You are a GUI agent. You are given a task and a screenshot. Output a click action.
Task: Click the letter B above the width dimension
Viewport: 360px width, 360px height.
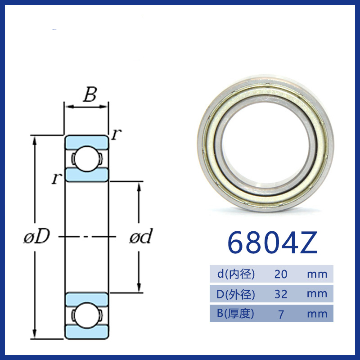tap(90, 94)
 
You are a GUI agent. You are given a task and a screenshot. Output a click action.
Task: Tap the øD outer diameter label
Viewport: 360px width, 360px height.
tap(37, 236)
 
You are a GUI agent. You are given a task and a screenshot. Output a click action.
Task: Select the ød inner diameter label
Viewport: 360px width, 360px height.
tap(141, 236)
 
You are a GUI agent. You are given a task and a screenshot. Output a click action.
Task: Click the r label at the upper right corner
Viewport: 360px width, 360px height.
tap(117, 134)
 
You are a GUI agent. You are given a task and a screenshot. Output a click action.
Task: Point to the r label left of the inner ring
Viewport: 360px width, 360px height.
tap(57, 178)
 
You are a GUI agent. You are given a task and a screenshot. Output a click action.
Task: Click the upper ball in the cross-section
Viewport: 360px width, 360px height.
tap(86, 158)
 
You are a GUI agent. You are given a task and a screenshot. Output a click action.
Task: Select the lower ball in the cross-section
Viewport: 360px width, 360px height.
tap(86, 315)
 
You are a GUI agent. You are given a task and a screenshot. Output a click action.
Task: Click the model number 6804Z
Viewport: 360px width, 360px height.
tap(272, 243)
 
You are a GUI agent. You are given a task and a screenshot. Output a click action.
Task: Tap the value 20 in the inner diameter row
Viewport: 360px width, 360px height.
tap(281, 274)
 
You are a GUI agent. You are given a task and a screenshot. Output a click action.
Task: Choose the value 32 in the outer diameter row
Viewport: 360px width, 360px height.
tap(281, 294)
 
